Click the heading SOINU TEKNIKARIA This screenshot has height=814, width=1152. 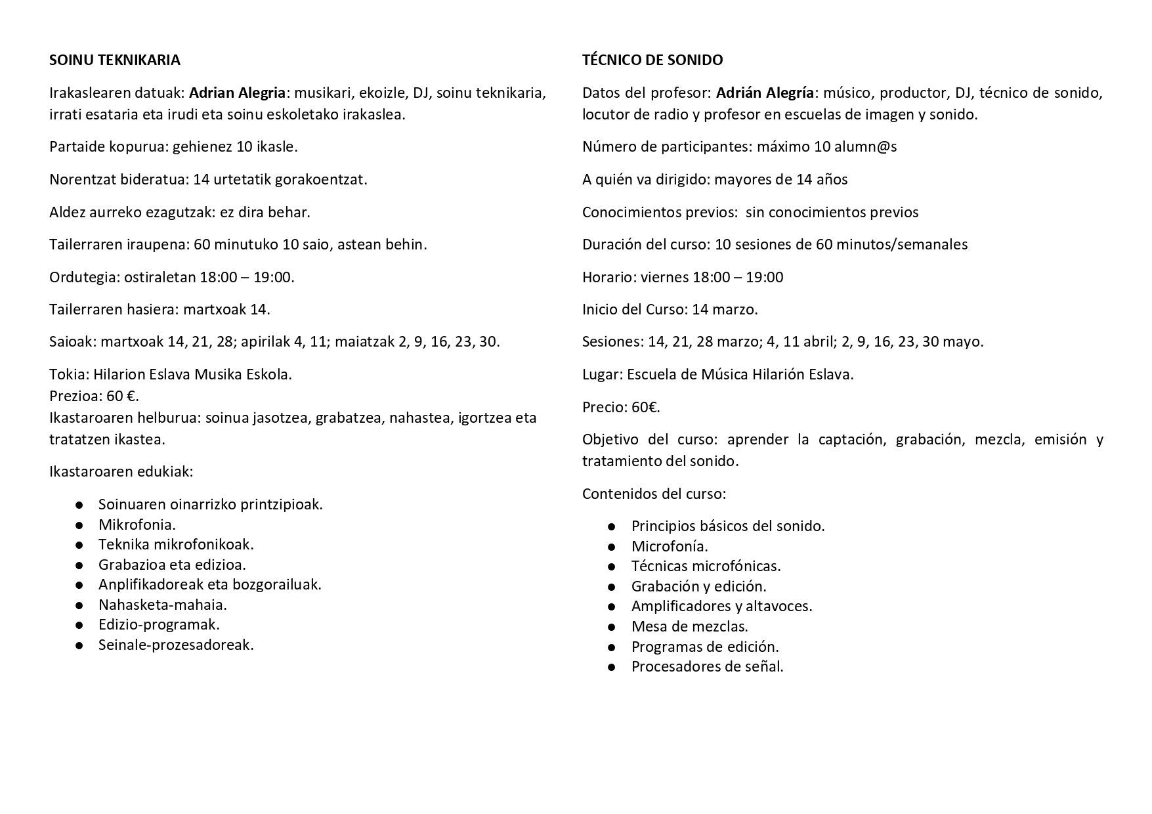tap(115, 60)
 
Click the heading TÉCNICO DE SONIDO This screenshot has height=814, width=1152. tap(652, 60)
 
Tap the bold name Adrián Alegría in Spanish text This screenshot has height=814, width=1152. tap(765, 93)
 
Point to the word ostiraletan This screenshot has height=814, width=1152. tap(160, 277)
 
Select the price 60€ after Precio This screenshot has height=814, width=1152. tap(645, 407)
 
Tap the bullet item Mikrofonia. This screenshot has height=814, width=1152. tap(137, 525)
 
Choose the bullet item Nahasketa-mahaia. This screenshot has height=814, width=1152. tap(162, 605)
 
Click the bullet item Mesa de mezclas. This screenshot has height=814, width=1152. tap(689, 626)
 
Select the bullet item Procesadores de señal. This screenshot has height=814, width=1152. tap(707, 666)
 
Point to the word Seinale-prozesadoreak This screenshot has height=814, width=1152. tap(175, 645)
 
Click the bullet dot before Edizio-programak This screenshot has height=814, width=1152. tap(79, 625)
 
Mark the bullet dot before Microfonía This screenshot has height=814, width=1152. tap(612, 546)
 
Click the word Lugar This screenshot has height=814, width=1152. tap(601, 375)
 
